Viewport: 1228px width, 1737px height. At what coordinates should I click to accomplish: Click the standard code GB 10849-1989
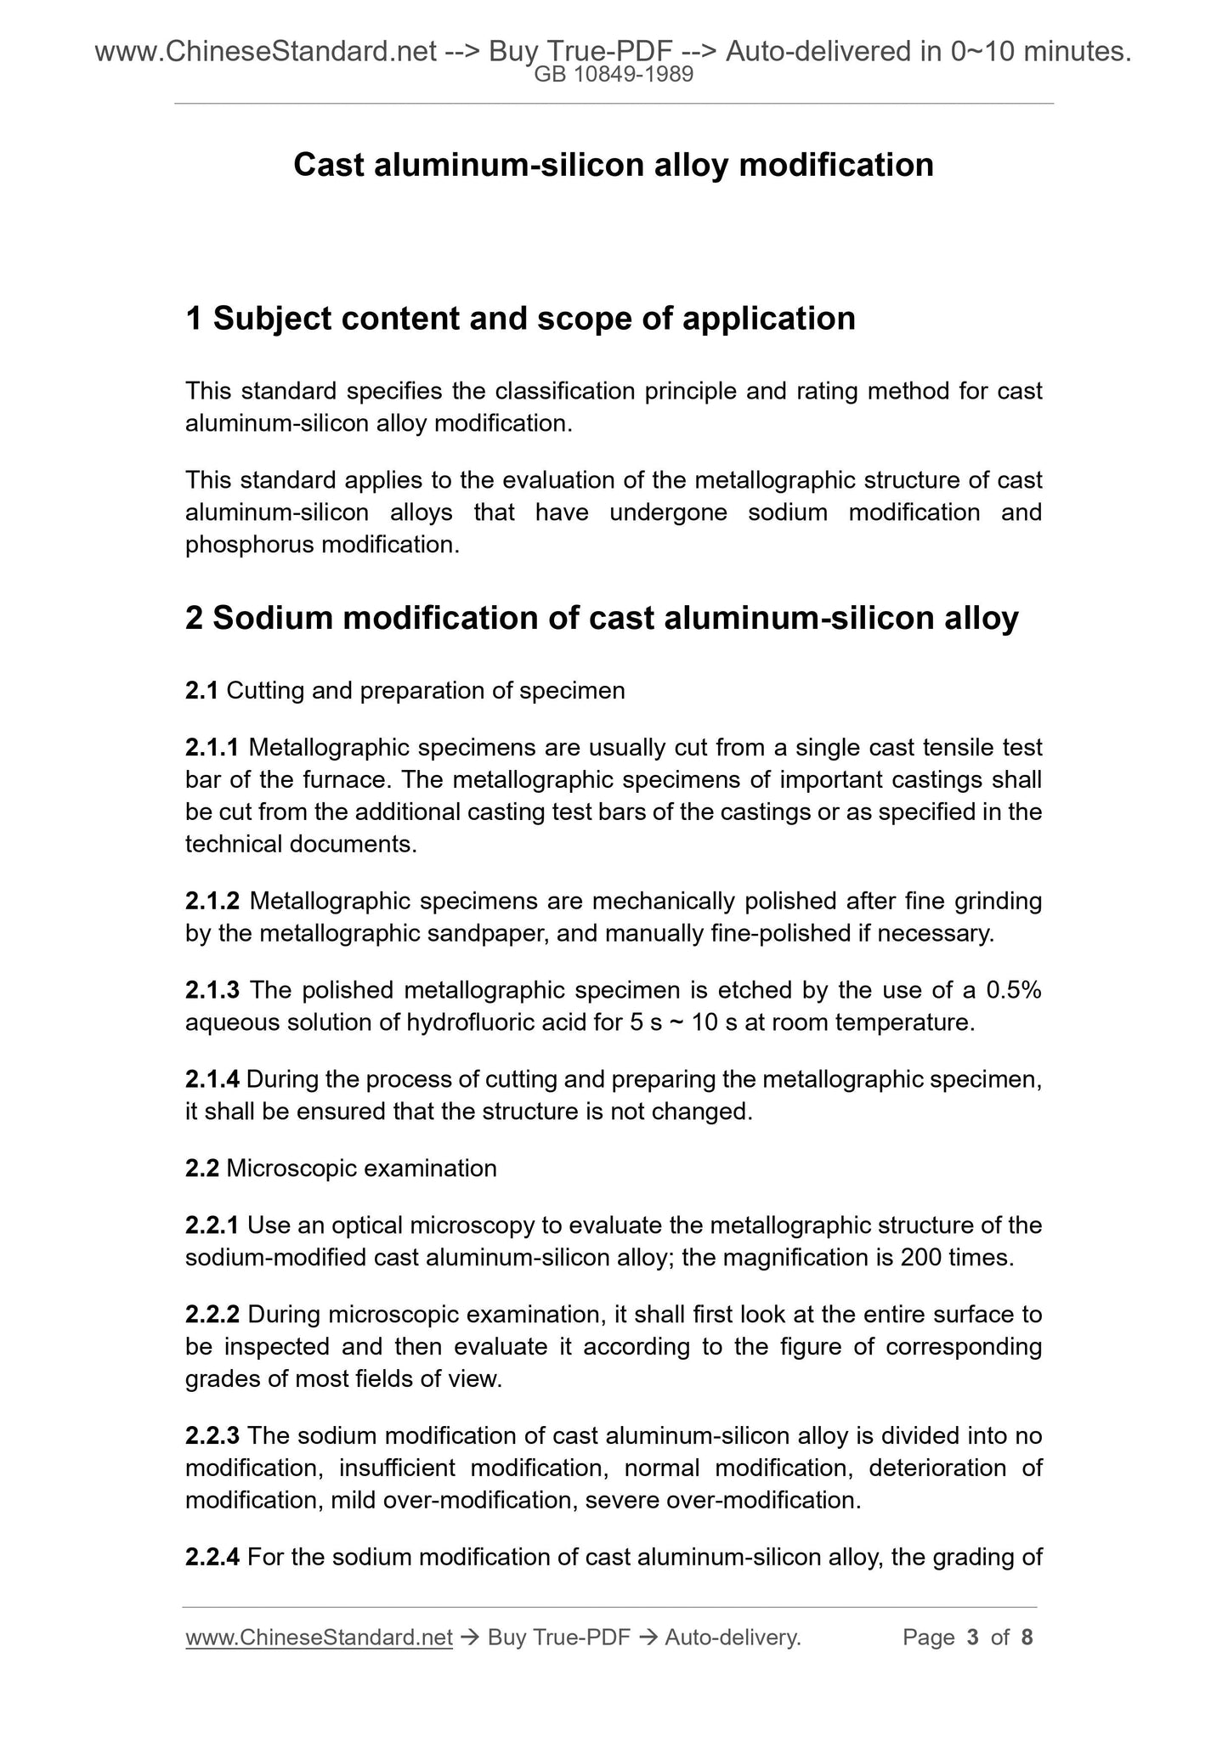tap(614, 75)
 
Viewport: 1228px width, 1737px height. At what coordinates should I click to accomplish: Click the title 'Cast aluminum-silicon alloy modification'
tap(614, 165)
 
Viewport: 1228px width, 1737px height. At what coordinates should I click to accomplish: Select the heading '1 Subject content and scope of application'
tap(520, 319)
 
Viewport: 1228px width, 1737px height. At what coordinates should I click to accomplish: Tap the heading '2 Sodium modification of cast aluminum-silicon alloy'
tap(602, 618)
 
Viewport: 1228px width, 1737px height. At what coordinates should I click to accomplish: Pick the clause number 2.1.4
tap(212, 1079)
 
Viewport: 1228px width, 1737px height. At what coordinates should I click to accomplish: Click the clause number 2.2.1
tap(212, 1225)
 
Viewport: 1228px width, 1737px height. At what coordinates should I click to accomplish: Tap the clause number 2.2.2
tap(212, 1315)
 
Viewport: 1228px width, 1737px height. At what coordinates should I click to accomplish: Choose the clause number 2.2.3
tap(212, 1436)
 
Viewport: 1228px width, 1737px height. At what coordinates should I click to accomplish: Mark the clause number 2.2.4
tap(212, 1558)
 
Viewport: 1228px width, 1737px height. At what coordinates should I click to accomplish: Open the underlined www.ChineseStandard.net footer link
tap(319, 1638)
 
